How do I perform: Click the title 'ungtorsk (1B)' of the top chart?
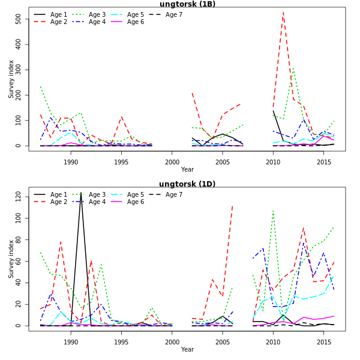pos(187,4)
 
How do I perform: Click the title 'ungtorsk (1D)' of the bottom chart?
pos(187,184)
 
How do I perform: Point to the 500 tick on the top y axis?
pos(19,19)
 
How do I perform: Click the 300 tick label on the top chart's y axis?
pos(19,70)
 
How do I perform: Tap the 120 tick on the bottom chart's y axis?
pos(19,196)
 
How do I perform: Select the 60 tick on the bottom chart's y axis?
pos(19,261)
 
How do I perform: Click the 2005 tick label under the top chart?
pos(223,161)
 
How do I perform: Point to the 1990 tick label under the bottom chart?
pos(71,341)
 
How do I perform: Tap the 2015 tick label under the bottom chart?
pos(324,341)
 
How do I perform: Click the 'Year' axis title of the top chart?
pos(187,169)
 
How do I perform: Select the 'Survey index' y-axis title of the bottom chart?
pos(11,259)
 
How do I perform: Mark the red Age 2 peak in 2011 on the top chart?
pos(283,13)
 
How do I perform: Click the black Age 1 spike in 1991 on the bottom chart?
pos(81,193)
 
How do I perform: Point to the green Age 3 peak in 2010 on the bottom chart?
pos(273,211)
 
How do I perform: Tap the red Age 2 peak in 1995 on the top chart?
pos(121,117)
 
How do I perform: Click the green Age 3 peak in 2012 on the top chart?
pos(293,68)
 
